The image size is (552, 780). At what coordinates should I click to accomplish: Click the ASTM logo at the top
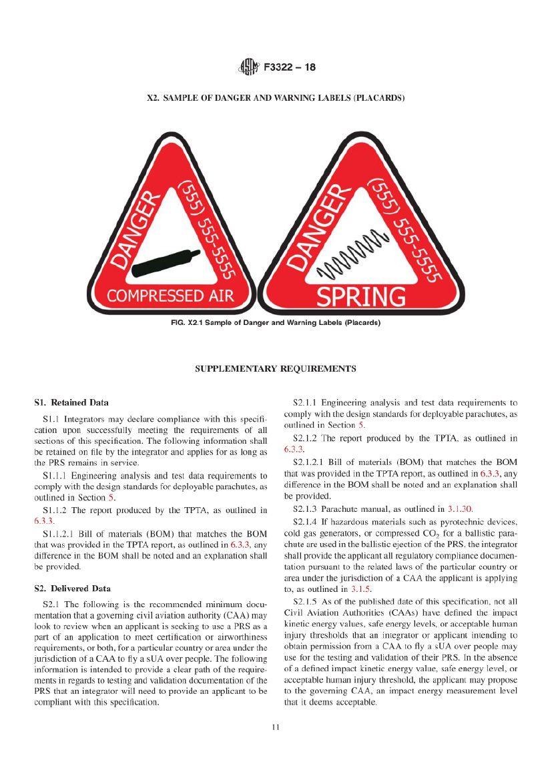[x=248, y=67]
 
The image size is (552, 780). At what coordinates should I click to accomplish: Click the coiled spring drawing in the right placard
[x=352, y=253]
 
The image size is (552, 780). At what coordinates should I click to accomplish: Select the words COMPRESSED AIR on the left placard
[x=170, y=296]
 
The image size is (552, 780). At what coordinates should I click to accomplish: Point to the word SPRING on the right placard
[x=361, y=296]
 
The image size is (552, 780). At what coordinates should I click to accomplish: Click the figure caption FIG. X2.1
[x=275, y=323]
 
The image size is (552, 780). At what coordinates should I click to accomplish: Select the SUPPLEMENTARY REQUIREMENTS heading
[x=275, y=368]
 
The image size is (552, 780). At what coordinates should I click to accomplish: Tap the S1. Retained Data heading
[x=71, y=402]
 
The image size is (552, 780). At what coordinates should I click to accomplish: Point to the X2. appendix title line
[x=276, y=98]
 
